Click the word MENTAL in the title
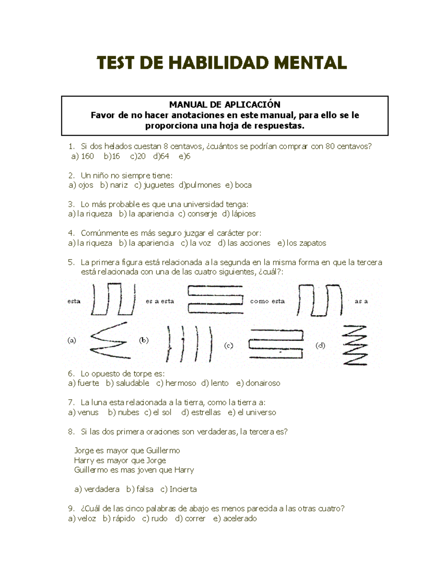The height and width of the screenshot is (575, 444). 310,63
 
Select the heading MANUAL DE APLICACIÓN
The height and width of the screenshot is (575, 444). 225,105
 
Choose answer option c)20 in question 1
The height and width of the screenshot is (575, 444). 138,156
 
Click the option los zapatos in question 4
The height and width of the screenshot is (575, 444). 306,243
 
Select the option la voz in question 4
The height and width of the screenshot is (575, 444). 200,243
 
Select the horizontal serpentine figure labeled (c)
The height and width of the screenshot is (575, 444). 276,344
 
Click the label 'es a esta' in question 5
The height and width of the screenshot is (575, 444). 159,301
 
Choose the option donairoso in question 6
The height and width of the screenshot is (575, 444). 262,383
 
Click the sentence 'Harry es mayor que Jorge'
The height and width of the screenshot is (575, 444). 120,461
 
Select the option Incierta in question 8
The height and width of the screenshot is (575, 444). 183,489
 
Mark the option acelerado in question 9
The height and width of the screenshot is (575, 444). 239,519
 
